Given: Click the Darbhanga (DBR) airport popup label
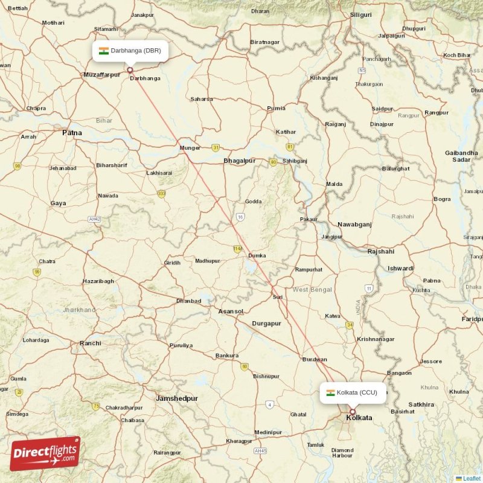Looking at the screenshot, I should point(130,51).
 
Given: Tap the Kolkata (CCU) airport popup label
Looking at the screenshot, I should point(353,392).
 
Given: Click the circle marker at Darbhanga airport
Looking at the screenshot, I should point(130,70).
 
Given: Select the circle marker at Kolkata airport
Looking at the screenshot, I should point(353,412).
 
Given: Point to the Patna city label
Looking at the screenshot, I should point(72,132).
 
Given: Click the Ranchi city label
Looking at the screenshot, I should point(91,344).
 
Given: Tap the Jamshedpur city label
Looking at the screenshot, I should point(177,398).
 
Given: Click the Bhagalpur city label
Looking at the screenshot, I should point(240,161).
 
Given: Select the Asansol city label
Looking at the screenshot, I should point(231,312).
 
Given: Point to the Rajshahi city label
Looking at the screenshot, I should point(381,251).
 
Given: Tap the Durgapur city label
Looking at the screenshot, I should point(266,324).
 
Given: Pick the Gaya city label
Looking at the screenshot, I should point(59,203).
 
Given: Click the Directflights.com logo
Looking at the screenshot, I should point(45,453).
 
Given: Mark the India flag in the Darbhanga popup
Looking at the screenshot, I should point(104,51).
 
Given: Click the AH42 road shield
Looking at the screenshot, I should point(94,219).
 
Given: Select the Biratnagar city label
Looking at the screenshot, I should point(265,42).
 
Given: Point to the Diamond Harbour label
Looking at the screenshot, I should point(342,453).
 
